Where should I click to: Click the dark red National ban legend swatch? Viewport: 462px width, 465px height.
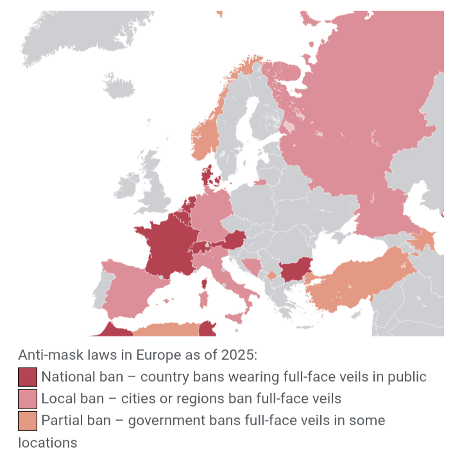[28, 376]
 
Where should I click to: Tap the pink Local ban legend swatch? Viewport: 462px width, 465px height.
[28, 398]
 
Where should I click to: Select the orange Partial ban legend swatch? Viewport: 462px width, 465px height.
[28, 421]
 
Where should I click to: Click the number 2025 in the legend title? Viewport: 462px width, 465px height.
[239, 355]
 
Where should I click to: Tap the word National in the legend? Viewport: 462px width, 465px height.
[65, 376]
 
